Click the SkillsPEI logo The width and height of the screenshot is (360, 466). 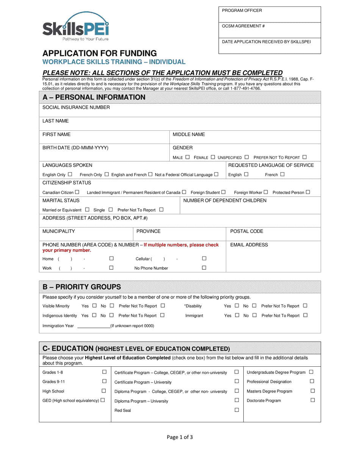(x=75, y=27)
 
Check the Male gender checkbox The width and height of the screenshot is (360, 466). (x=187, y=157)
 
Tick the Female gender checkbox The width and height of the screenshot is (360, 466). (x=213, y=157)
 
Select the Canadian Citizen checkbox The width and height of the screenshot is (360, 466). (x=77, y=192)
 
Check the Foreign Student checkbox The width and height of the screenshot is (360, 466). (x=223, y=192)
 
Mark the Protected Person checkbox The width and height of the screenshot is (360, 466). (x=308, y=192)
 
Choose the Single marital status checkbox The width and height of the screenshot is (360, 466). (x=111, y=210)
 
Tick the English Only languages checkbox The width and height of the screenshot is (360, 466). (x=70, y=174)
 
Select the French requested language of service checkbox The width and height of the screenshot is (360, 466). (x=282, y=174)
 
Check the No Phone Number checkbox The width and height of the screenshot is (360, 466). (x=204, y=268)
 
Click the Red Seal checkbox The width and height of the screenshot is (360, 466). (x=237, y=410)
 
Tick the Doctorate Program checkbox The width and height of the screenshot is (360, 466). (x=313, y=400)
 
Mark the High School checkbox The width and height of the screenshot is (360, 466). (x=104, y=391)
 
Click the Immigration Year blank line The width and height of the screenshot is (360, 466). (x=93, y=326)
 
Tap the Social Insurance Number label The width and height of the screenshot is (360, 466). (x=76, y=108)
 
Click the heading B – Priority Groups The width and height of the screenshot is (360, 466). (x=82, y=287)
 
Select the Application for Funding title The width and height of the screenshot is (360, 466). (x=99, y=53)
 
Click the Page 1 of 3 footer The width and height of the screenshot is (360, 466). (x=180, y=437)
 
